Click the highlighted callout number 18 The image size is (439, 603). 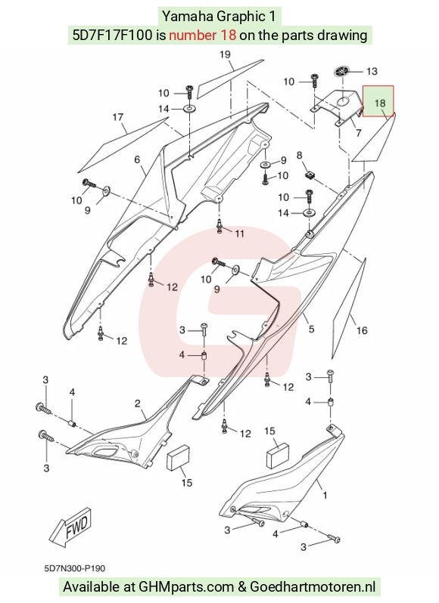tap(380, 103)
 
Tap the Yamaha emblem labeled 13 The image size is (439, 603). tap(342, 72)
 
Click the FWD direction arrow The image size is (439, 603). tap(71, 527)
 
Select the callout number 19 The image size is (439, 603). tap(225, 54)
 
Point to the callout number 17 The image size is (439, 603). tap(118, 117)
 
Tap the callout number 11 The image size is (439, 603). tap(239, 233)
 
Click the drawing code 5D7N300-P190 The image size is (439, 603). tap(75, 568)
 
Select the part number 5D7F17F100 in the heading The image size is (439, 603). tap(112, 36)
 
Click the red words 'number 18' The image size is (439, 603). tap(202, 36)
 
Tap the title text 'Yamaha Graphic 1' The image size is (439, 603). tap(219, 17)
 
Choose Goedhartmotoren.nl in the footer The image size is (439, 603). tap(313, 587)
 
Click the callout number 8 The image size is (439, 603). tap(299, 156)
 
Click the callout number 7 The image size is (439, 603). tap(359, 133)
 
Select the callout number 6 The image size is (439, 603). tap(137, 159)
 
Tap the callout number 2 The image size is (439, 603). tap(138, 404)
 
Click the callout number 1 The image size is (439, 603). tap(325, 496)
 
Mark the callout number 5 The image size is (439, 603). tap(311, 329)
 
